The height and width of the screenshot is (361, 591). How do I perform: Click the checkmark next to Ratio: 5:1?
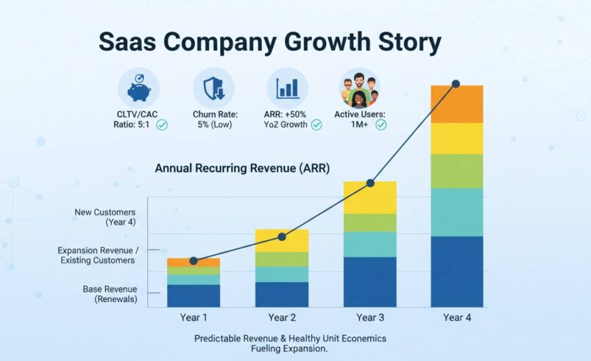(x=162, y=125)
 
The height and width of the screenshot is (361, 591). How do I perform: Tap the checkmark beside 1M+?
(x=381, y=125)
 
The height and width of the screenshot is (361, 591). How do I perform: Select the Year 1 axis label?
(x=193, y=318)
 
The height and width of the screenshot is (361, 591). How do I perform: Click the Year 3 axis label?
(x=369, y=318)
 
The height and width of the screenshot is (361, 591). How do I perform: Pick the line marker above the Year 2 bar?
(x=282, y=236)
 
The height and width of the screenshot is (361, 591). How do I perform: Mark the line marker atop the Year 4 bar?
(x=456, y=83)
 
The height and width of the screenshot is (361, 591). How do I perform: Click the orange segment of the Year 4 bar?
(x=456, y=105)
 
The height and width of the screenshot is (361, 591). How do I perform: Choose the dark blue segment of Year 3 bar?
(x=369, y=281)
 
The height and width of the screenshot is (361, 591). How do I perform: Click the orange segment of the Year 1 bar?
(x=193, y=263)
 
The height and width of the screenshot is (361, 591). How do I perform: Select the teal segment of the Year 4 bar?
(x=456, y=212)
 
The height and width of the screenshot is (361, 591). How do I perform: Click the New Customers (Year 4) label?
(x=106, y=217)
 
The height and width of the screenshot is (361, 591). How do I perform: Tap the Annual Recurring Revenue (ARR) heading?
(x=242, y=169)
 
